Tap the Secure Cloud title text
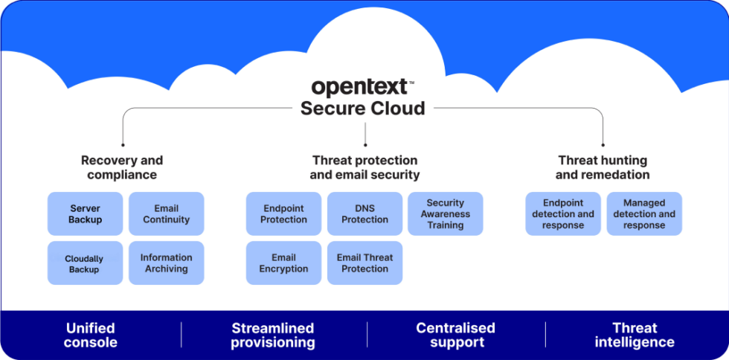point(362,109)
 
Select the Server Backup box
point(85,214)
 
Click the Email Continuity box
point(166,214)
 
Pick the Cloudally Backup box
point(85,263)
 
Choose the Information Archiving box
point(166,263)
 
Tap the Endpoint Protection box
point(283,214)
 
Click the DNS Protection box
point(364,214)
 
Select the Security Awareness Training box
point(446,214)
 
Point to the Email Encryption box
point(283,263)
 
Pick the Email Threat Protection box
point(364,263)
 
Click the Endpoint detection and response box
point(563,214)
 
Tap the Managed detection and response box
point(644,214)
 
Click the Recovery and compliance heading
point(122,167)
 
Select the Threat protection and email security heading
point(364,167)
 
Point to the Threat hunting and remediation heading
point(603,167)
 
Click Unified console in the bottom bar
point(91,335)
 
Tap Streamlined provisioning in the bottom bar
point(273,335)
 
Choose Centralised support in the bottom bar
point(455,335)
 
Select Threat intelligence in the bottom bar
point(635,335)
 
